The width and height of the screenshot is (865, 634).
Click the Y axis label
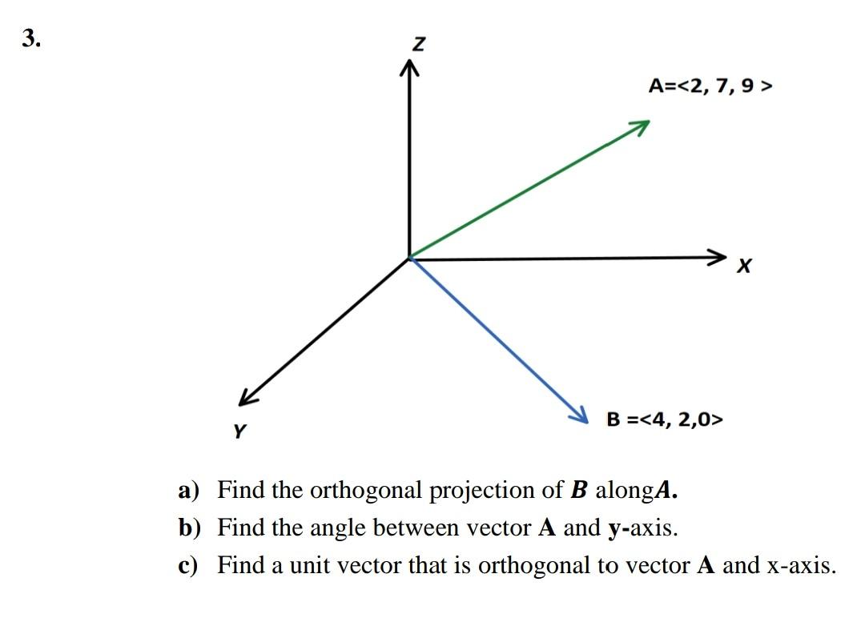[x=239, y=431]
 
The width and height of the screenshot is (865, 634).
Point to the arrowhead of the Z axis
[x=410, y=71]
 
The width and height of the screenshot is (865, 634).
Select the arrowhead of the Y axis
[x=244, y=399]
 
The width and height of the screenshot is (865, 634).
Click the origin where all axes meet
[x=410, y=258]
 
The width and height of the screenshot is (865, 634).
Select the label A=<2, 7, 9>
[x=710, y=86]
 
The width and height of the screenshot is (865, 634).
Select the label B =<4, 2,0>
[x=664, y=418]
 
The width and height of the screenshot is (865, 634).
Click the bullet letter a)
[x=189, y=490]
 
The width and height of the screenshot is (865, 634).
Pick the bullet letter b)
[x=190, y=528]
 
